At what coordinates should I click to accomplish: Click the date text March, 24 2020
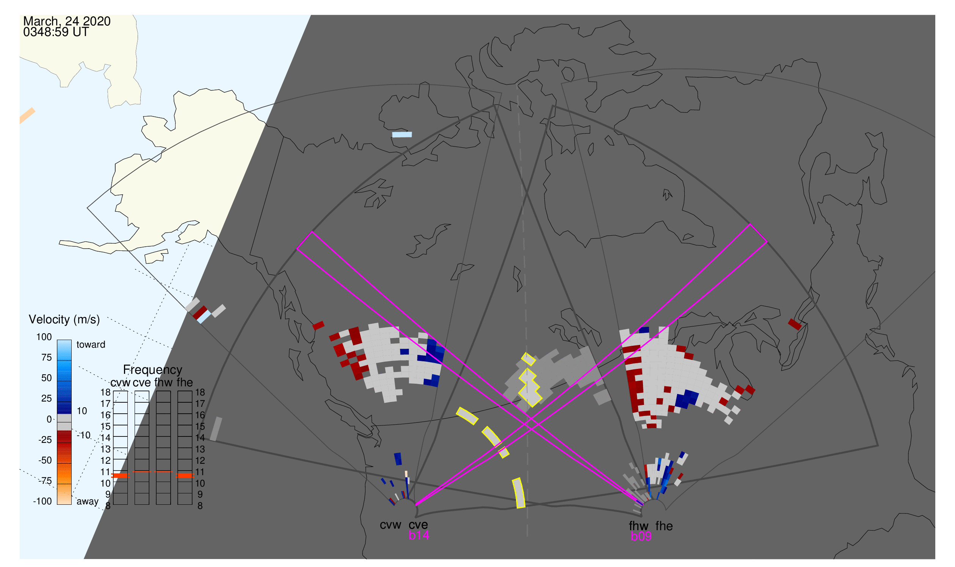pos(67,21)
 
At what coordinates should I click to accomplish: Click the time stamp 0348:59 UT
pos(56,32)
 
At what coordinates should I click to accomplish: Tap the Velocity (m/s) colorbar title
pos(64,320)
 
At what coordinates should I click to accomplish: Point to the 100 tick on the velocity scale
pos(44,337)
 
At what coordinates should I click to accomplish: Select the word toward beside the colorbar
pos(91,345)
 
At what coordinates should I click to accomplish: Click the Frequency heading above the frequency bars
pos(153,370)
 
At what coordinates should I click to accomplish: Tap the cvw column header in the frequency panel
pos(120,383)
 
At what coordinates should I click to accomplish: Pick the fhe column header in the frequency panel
pos(185,383)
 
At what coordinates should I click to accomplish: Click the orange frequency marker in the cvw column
pos(120,476)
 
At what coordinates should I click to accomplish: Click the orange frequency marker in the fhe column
pos(185,476)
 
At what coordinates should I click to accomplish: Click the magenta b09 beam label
pos(641,537)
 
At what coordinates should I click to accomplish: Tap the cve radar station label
pos(418,525)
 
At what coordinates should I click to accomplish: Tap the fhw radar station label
pos(639,526)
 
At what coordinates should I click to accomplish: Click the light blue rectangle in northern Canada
pos(402,134)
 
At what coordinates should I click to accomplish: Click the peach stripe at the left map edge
pos(27,116)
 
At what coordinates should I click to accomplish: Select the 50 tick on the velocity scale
pos(47,378)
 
